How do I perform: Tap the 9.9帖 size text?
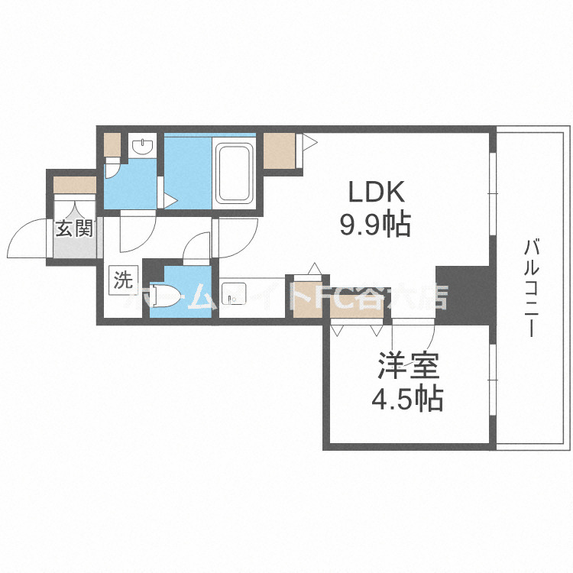(x=375, y=224)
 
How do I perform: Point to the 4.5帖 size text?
(x=407, y=400)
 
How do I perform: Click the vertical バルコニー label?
(x=533, y=289)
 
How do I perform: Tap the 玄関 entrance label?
(x=73, y=228)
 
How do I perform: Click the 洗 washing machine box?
(x=122, y=280)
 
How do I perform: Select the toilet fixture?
(x=166, y=296)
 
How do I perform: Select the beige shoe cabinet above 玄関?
(x=74, y=184)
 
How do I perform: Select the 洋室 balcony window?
(x=493, y=372)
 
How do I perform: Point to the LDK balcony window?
(x=493, y=195)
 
